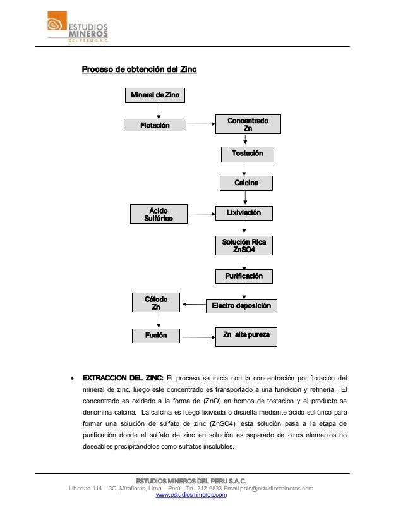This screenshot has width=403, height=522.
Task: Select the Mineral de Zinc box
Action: (155, 95)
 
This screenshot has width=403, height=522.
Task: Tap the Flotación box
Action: (155, 126)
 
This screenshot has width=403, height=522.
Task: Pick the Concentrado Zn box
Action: (248, 124)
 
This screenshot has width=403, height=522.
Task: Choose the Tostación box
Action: (247, 154)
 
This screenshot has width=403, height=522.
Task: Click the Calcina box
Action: (246, 183)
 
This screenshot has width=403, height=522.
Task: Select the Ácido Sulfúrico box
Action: (159, 214)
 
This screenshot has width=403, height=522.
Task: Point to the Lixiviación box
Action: (244, 213)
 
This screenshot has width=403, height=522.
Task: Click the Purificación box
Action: (244, 276)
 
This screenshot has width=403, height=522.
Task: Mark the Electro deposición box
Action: (241, 306)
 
